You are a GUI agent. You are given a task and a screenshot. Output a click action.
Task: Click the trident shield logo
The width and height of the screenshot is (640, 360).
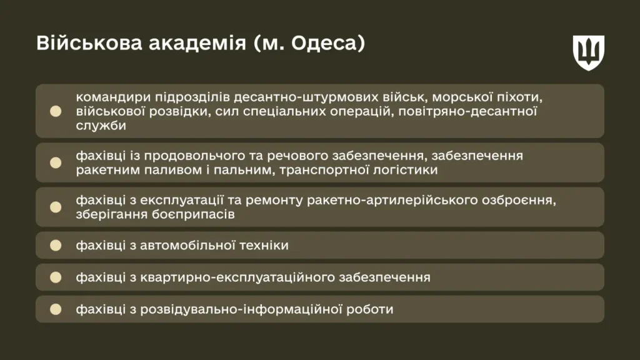[x=589, y=52]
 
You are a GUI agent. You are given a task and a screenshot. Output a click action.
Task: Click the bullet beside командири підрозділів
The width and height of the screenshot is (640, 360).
[x=56, y=111]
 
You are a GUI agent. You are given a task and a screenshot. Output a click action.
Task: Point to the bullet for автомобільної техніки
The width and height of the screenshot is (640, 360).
[x=56, y=245]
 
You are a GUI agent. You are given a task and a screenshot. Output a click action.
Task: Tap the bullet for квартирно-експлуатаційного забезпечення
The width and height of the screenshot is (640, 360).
[x=56, y=277]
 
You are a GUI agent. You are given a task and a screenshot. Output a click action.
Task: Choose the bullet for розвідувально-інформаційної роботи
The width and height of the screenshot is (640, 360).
[x=56, y=309]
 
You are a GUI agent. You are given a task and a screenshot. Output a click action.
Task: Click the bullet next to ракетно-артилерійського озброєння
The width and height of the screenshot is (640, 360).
[x=56, y=207]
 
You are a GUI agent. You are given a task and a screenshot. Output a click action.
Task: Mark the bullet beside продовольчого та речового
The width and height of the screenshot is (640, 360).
[x=56, y=162]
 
